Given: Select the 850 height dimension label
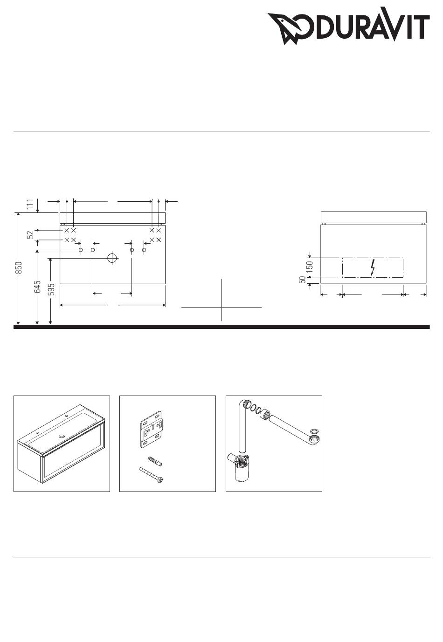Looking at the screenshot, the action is [19, 267].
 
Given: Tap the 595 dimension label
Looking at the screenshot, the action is [51, 289].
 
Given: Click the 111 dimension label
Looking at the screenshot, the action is [30, 205].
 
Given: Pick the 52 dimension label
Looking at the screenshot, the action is [30, 235].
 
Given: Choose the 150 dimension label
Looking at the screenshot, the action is [310, 266].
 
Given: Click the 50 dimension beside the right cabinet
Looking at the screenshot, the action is [303, 280].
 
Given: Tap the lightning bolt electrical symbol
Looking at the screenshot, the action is [373, 267].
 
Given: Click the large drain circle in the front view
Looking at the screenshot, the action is [112, 258].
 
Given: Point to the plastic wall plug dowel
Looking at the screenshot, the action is [155, 461].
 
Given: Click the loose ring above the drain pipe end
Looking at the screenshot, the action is [314, 431].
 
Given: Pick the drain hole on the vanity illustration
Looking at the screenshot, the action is [62, 437].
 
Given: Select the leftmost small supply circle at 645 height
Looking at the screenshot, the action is [81, 250].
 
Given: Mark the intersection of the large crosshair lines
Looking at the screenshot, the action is [222, 308].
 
